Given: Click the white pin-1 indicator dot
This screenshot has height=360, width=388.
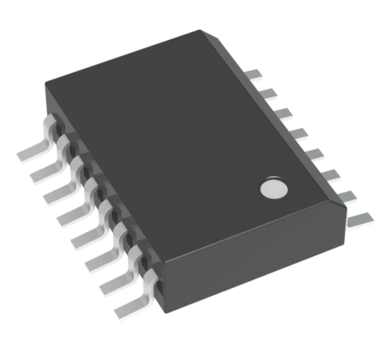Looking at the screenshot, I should pos(274,190).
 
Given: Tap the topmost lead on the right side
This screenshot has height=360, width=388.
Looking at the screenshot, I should pos(255,75).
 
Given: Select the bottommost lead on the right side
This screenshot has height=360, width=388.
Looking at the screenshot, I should pos(359,219).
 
